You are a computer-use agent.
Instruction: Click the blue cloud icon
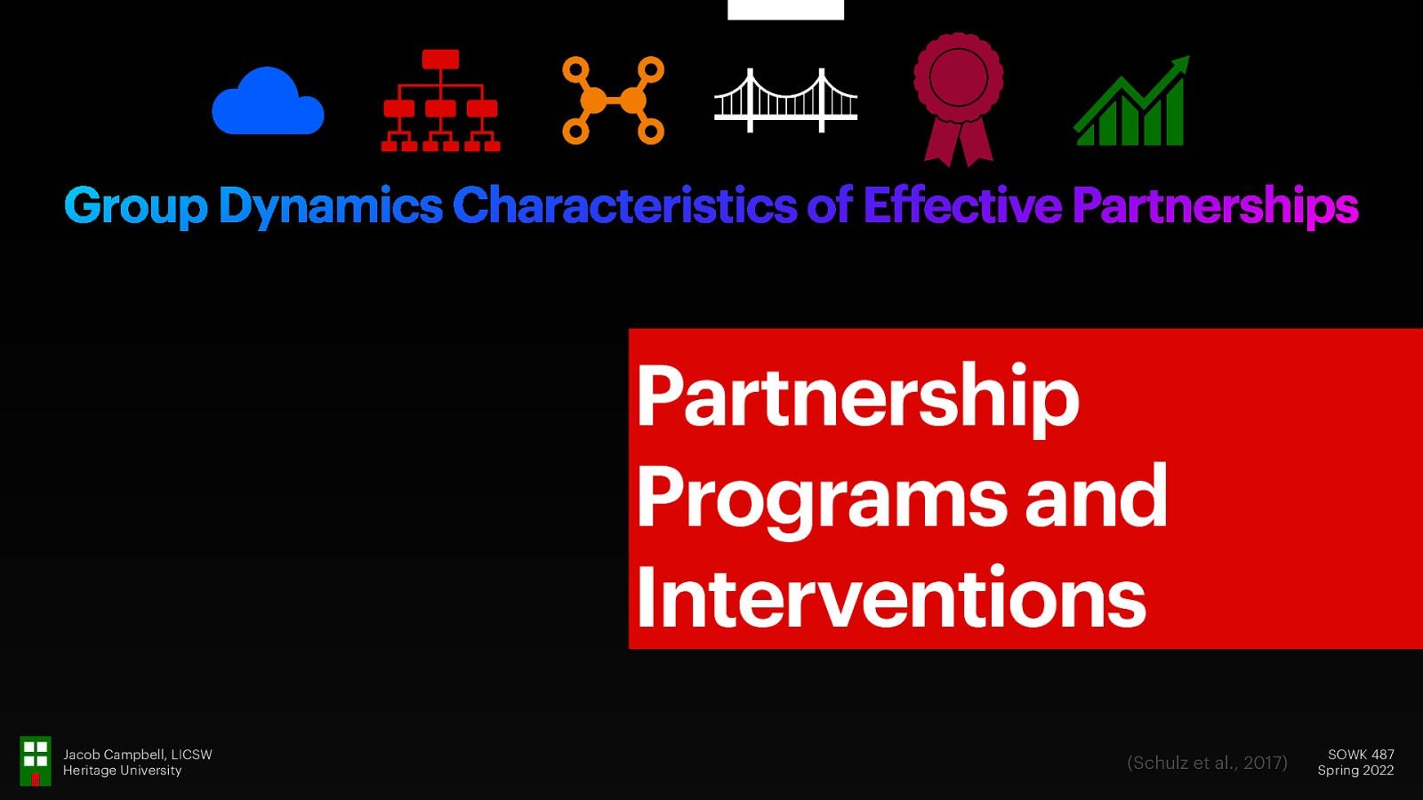(x=268, y=102)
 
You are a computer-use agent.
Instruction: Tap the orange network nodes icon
(x=614, y=100)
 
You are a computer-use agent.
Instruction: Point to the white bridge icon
(x=785, y=100)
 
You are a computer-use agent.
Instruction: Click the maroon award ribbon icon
(x=958, y=99)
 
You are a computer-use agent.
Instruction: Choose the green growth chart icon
(x=1131, y=102)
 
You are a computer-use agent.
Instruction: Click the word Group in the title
(x=136, y=206)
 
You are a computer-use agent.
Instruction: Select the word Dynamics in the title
(x=331, y=206)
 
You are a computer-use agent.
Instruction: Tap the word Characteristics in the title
(x=624, y=206)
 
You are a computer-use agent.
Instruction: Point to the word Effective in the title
(x=962, y=206)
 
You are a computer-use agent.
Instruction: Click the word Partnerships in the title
(x=1215, y=206)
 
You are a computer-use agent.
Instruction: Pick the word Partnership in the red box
(x=857, y=396)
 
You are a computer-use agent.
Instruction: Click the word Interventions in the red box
(x=891, y=597)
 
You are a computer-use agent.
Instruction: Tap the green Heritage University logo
(x=36, y=761)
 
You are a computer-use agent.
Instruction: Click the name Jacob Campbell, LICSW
(x=138, y=755)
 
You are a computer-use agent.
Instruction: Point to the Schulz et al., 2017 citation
(x=1207, y=763)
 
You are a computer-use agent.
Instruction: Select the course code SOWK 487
(x=1361, y=755)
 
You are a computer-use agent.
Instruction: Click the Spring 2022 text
(x=1355, y=771)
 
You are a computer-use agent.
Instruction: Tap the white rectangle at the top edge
(x=785, y=9)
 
